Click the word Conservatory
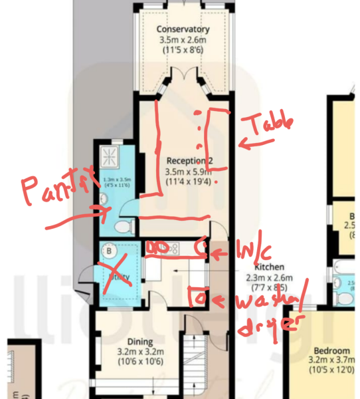point(183,29)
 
